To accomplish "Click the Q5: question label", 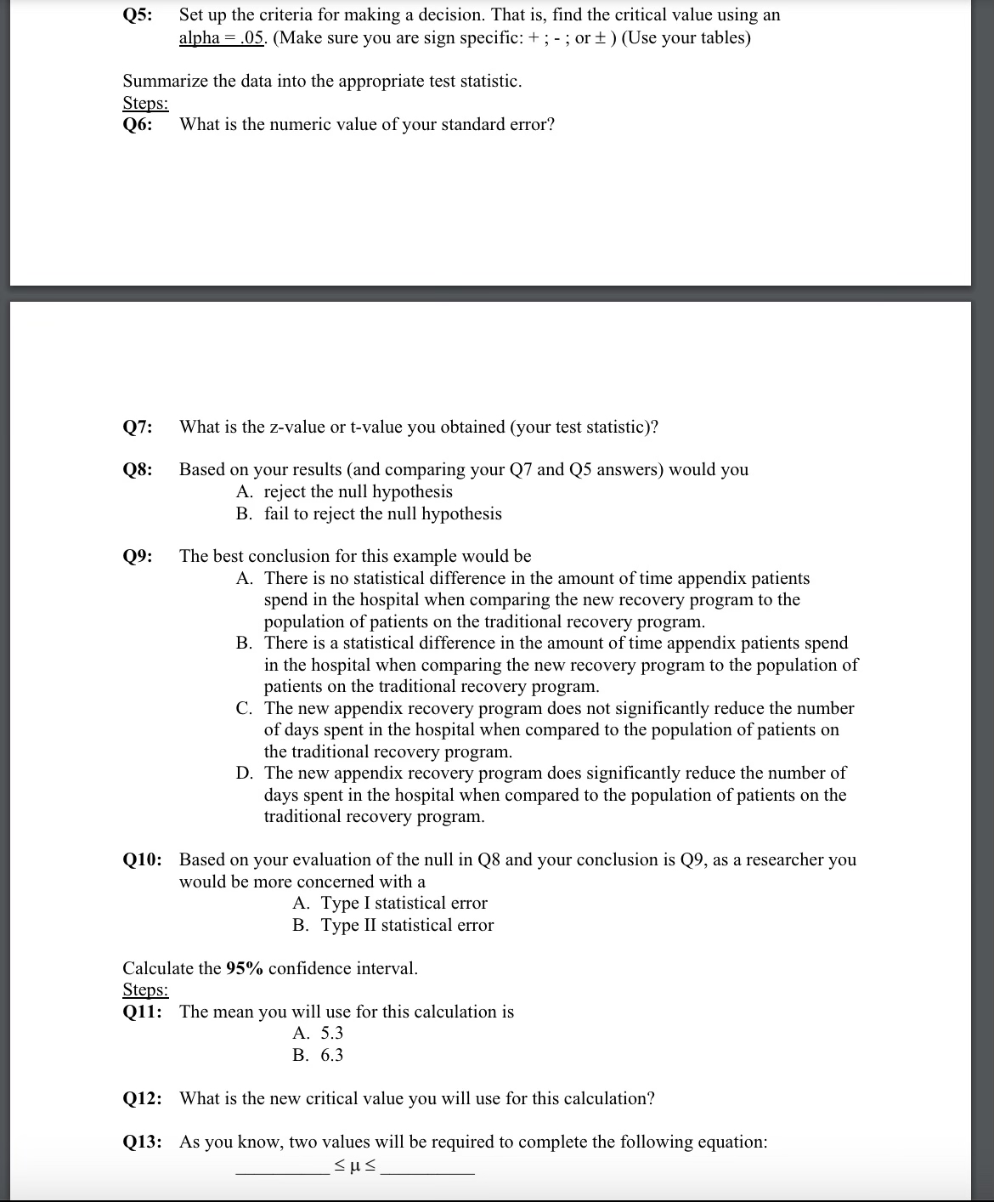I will pyautogui.click(x=138, y=14).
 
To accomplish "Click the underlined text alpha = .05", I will pyautogui.click(x=223, y=38).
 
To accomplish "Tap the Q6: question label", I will pyautogui.click(x=138, y=125).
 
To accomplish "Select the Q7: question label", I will pyautogui.click(x=138, y=427).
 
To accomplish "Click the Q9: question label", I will pyautogui.click(x=138, y=557).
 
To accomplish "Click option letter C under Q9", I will pyautogui.click(x=244, y=708).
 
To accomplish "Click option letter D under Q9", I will pyautogui.click(x=244, y=773).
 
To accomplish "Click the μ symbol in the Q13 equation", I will pyautogui.click(x=355, y=1164).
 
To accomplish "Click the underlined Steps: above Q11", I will pyautogui.click(x=145, y=990).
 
